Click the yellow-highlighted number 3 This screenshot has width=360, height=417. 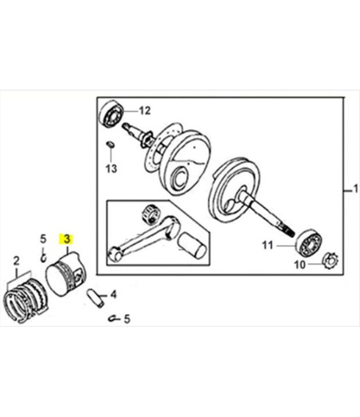pos(66,239)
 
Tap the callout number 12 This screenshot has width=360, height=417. pos(145,111)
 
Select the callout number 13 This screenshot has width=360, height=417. pos(111,169)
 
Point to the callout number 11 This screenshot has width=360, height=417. pos(268,245)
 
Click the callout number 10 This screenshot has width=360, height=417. pos(300,265)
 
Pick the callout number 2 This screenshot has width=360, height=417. pos(16,261)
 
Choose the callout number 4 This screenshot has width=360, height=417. pos(114,294)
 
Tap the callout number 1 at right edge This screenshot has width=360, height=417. pos(355,190)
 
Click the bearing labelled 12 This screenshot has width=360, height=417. pos(111,114)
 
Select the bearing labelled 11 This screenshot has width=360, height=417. pos(309,243)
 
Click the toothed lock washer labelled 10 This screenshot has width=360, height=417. pos(330,260)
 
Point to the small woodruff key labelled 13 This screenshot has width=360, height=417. pos(110,144)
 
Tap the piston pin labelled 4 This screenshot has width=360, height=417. pos(95,298)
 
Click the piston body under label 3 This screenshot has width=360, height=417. pos(66,274)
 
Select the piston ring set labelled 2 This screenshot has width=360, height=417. pos(26,301)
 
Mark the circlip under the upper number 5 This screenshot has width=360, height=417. pos(44,257)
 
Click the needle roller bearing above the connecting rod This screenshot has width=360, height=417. pos(151,213)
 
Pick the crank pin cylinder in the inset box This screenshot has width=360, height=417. pos(191,246)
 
